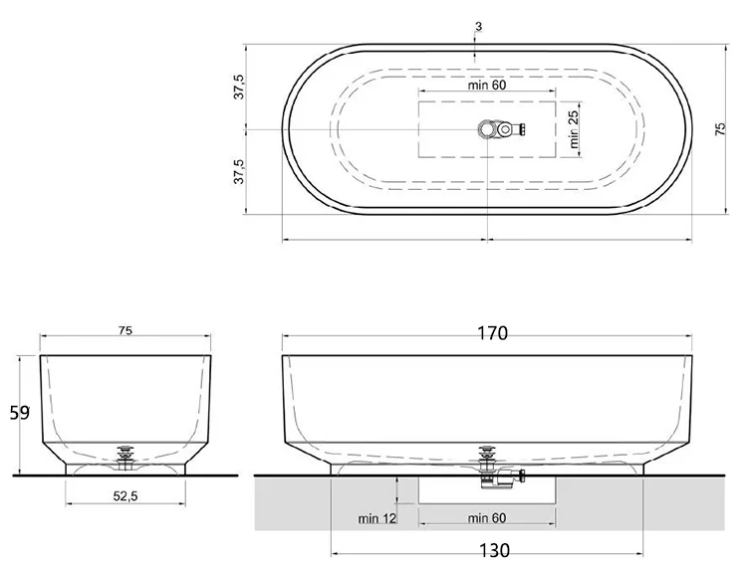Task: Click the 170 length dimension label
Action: pos(493,333)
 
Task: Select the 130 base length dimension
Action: pos(494,550)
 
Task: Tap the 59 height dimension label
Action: pos(20,413)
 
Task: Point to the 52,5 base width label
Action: pos(125,496)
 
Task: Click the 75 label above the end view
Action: pos(125,330)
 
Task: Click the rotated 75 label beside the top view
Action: pos(720,129)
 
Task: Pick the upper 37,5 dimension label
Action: pos(239,87)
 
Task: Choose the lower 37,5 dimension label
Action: pos(239,171)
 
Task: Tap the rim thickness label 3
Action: pos(478,27)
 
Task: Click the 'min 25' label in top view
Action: pos(574,128)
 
